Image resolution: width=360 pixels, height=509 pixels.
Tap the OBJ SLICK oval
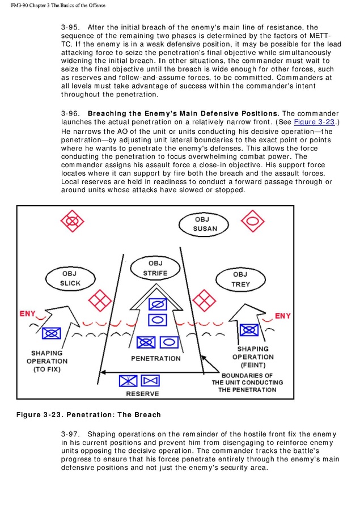(71, 278)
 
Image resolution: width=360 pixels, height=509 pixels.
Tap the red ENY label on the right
(283, 315)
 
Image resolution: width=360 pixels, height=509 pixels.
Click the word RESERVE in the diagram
(142, 393)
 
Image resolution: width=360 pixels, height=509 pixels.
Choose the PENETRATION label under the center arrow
(156, 358)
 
